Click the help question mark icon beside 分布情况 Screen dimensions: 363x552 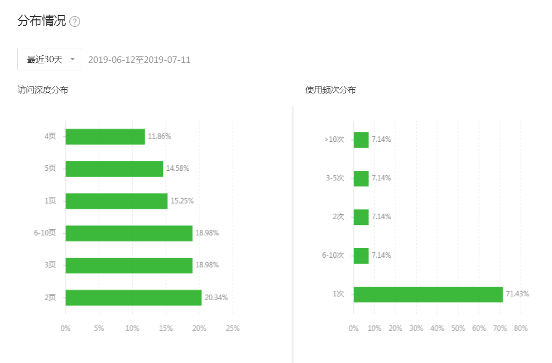point(75,22)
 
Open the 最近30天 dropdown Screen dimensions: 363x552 point(49,59)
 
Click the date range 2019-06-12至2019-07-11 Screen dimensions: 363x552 point(139,60)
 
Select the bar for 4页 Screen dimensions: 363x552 point(105,136)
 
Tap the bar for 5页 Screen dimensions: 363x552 point(114,169)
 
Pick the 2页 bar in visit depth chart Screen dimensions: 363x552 point(133,297)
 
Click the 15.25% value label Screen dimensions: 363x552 point(182,201)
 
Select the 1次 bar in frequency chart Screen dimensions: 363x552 point(428,294)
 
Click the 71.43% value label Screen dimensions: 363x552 point(518,294)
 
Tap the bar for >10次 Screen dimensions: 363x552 point(361,140)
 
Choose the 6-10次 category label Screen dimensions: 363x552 point(333,255)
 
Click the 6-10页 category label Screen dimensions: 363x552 point(45,233)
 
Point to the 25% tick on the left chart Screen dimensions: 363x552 point(233,328)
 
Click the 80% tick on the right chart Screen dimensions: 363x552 point(520,328)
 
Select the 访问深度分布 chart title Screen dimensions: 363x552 point(42,90)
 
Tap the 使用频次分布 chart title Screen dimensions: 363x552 point(331,90)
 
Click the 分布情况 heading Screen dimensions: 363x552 point(41,21)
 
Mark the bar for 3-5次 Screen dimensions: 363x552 point(361,178)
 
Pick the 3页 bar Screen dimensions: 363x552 point(128,265)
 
